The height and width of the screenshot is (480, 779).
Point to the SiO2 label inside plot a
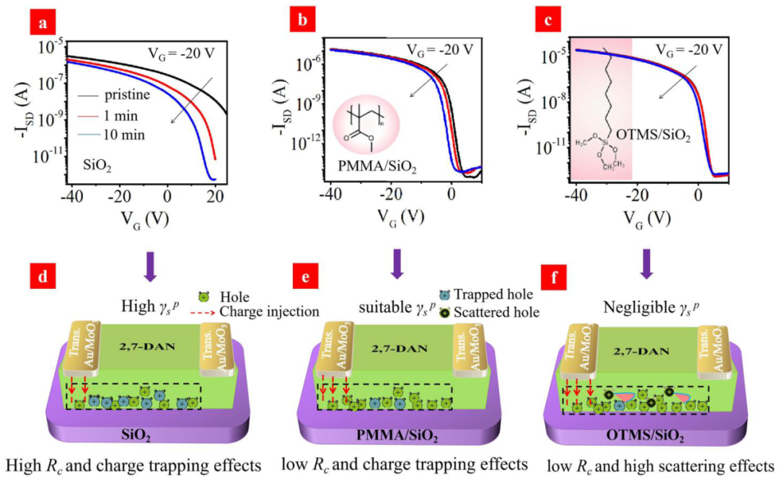(x=103, y=169)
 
